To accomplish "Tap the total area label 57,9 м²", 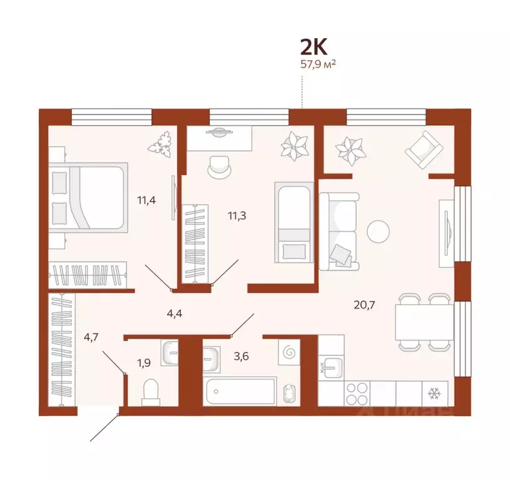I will [x=319, y=64].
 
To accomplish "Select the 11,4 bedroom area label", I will [x=146, y=201].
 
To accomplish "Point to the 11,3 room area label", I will [x=236, y=215].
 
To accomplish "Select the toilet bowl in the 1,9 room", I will [x=151, y=392].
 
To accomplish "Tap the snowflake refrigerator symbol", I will [x=433, y=393].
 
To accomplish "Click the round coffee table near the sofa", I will [x=378, y=231].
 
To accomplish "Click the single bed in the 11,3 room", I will [x=293, y=222].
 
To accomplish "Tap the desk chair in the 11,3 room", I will [x=219, y=165].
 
